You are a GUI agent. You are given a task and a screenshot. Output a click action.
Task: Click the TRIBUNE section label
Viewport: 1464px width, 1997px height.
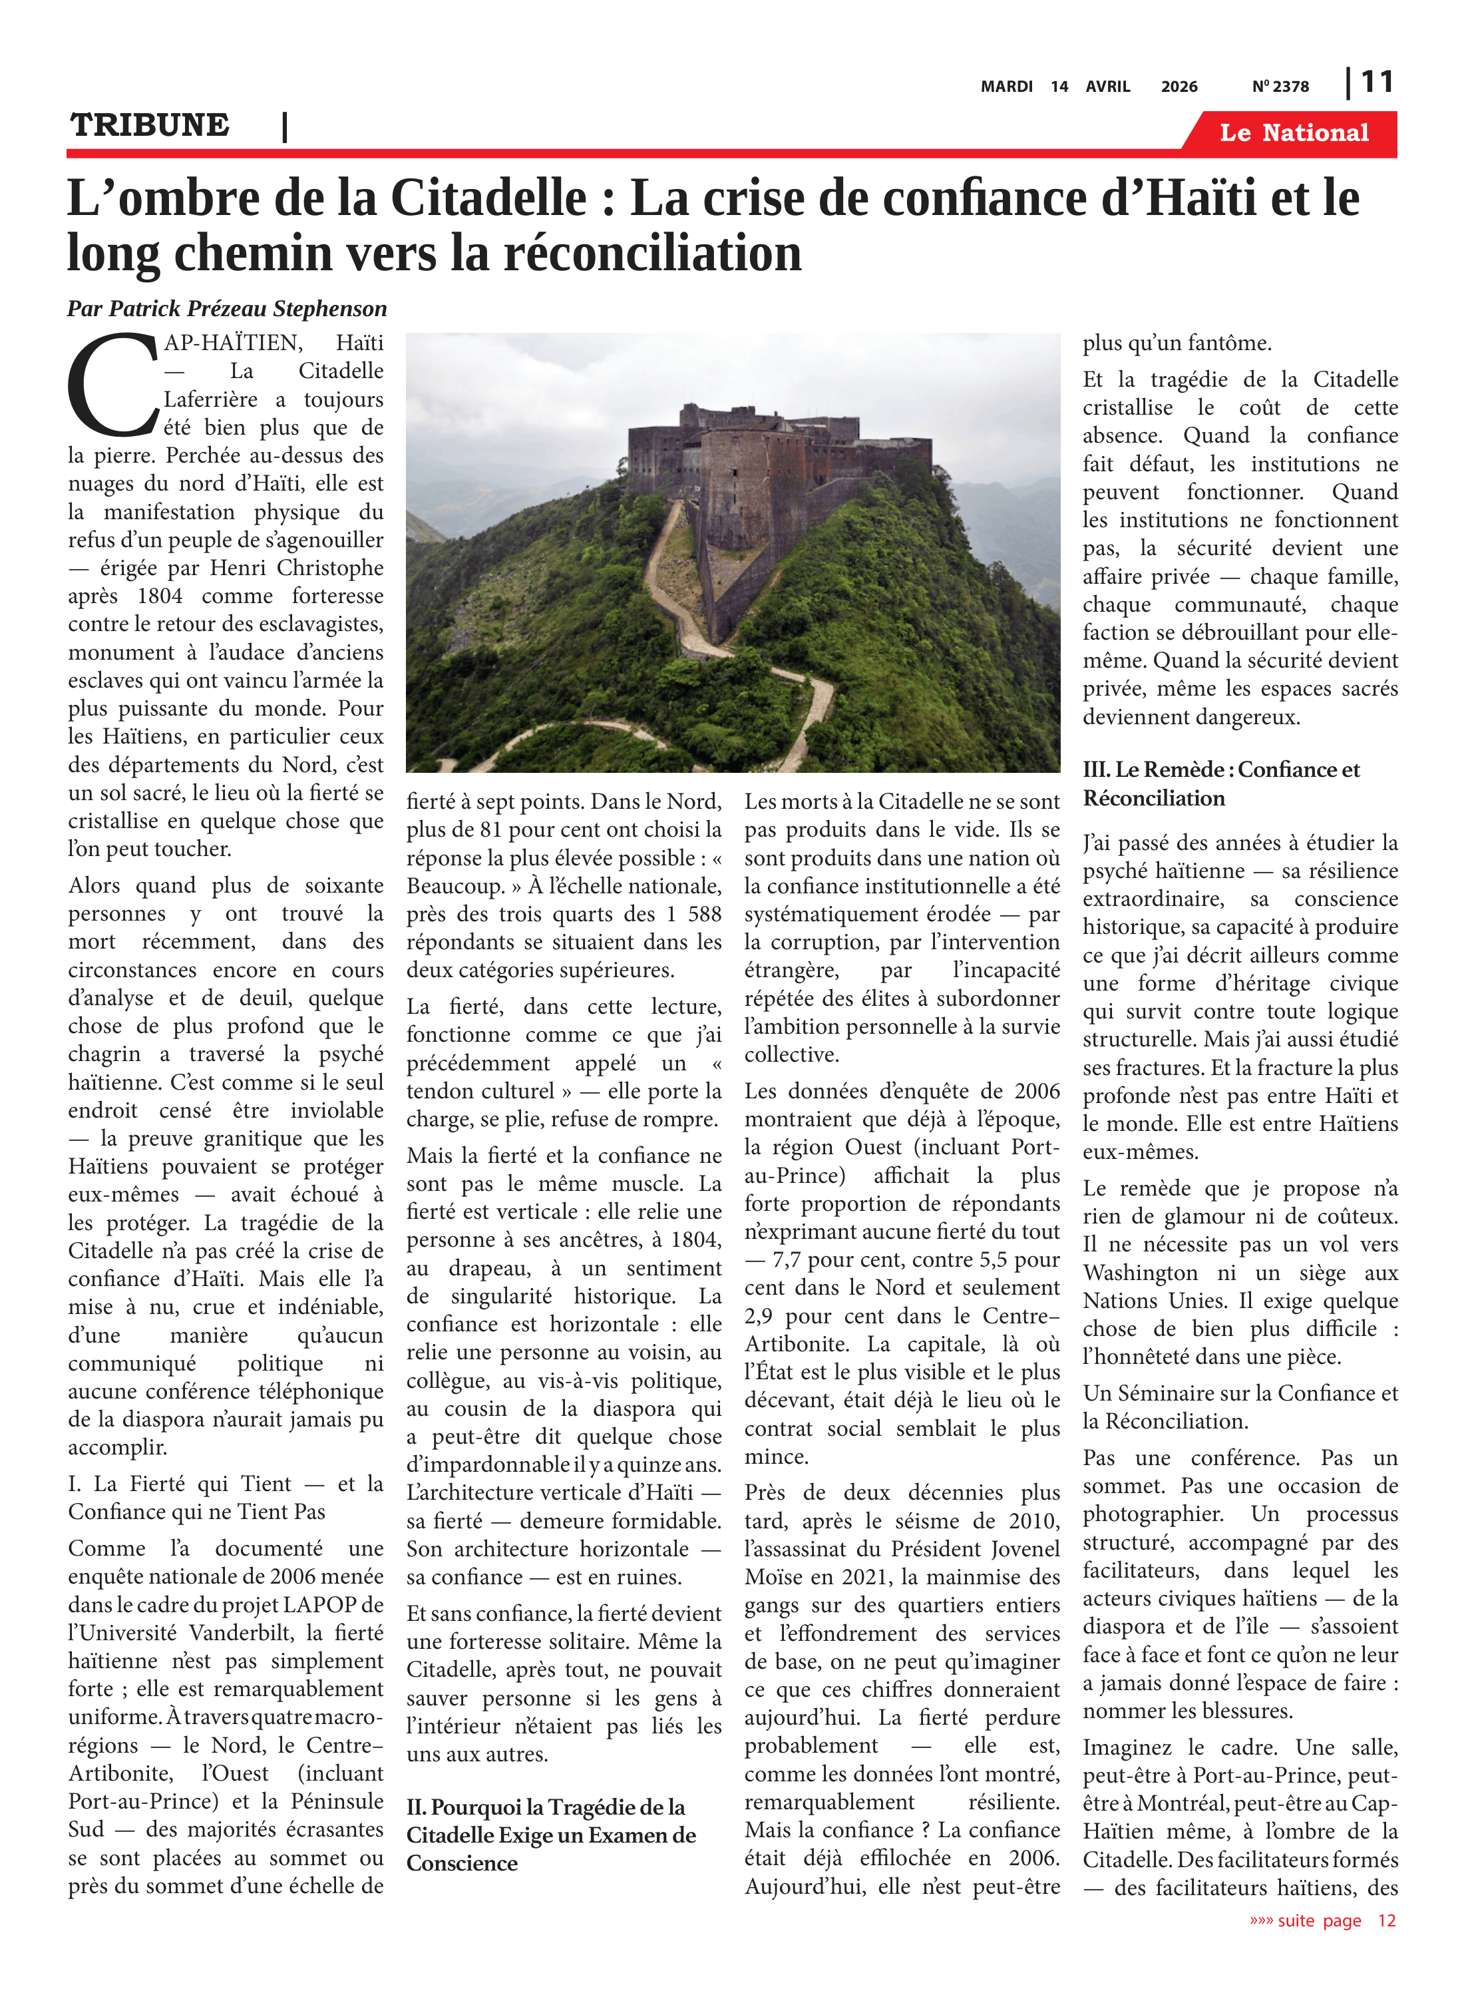pos(150,125)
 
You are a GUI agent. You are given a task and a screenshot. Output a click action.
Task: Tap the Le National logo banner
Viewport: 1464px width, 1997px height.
pos(1293,133)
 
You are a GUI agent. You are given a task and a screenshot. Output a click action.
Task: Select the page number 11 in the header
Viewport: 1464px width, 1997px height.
pos(1376,83)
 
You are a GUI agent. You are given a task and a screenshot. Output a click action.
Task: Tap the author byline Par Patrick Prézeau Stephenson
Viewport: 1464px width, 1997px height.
pos(227,308)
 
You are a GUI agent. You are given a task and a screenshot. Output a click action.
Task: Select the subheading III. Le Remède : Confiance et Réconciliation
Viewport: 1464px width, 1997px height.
pos(1220,783)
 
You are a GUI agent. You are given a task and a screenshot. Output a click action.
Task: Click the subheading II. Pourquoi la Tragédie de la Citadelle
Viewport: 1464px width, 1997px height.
pos(550,1835)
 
